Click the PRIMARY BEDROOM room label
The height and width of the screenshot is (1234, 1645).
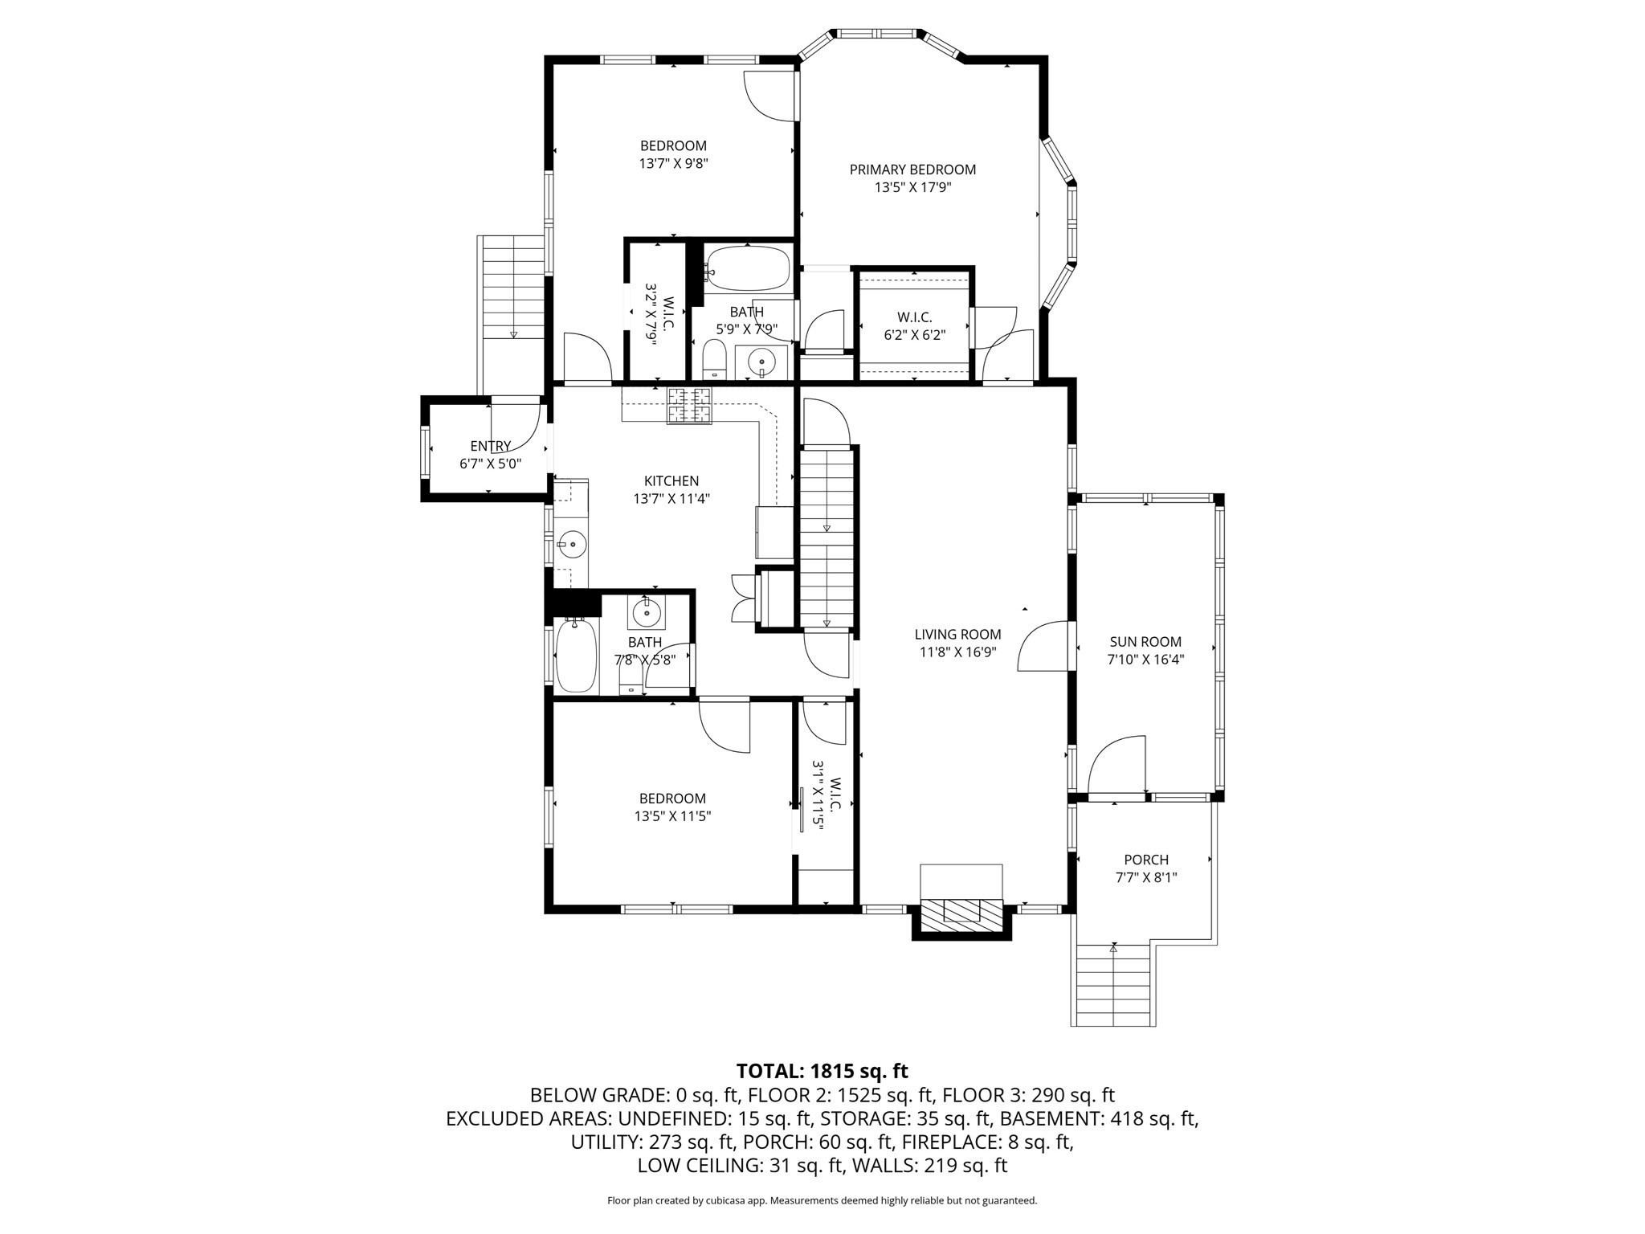point(912,170)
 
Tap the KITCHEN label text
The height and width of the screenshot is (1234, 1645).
point(671,481)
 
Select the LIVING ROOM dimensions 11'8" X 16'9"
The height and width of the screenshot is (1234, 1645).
point(957,652)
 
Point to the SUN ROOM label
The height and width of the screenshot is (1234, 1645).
point(1145,642)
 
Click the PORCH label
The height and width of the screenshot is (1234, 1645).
point(1146,860)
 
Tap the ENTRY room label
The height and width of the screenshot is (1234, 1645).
point(490,447)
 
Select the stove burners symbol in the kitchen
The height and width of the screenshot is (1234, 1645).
point(690,405)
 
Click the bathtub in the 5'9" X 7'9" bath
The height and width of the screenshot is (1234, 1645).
point(748,268)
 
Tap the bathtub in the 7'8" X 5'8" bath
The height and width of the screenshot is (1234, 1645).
point(577,654)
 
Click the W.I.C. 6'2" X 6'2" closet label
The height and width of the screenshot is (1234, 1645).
point(914,317)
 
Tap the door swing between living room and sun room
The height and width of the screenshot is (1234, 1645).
point(1044,648)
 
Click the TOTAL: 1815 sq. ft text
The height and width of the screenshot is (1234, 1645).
point(822,1071)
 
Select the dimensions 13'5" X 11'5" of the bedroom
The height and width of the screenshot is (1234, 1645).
point(672,816)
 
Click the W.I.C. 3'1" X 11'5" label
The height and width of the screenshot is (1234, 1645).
point(827,805)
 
